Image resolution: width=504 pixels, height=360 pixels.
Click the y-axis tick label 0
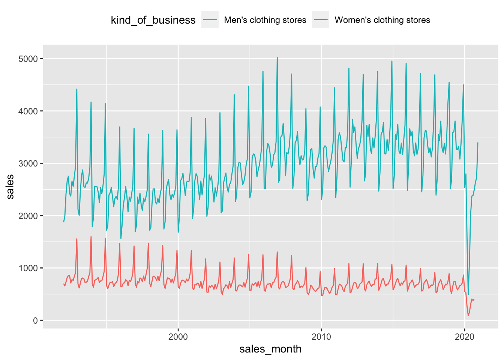tap(36, 321)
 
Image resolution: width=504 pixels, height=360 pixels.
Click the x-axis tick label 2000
tap(178, 336)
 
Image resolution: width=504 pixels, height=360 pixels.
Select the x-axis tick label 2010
tap(321, 336)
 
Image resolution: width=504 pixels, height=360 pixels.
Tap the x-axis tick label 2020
tap(465, 336)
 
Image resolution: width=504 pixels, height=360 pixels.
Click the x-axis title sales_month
tap(270, 349)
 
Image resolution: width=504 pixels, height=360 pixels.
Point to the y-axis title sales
tap(10, 186)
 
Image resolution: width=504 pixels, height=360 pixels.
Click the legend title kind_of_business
tap(153, 20)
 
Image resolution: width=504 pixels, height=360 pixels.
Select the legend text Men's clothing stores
tap(265, 20)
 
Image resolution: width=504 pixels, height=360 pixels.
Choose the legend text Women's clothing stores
tap(382, 20)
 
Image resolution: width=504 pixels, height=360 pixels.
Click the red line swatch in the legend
tap(210, 20)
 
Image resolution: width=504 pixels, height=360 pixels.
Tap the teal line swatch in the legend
tap(321, 20)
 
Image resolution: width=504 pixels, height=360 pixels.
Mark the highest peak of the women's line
tap(277, 58)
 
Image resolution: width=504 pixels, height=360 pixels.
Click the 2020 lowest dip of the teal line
tap(468, 294)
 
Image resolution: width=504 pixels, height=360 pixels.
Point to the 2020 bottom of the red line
tap(468, 315)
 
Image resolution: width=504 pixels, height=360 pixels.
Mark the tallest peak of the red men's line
tap(91, 237)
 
